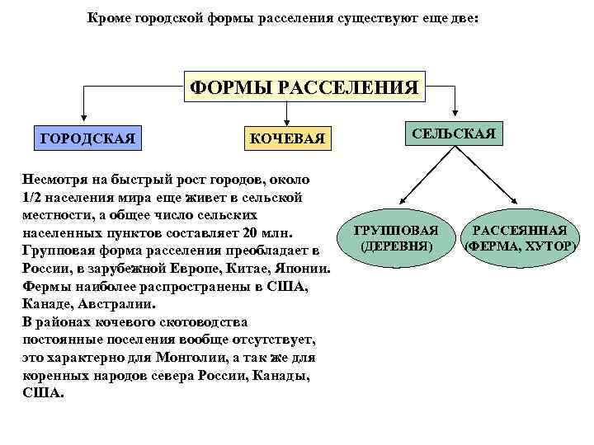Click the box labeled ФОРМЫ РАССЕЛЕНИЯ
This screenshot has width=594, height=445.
click(x=304, y=86)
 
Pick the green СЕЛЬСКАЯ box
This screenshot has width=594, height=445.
click(x=454, y=133)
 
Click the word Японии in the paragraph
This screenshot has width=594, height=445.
click(x=304, y=269)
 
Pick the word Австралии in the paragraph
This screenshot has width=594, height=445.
click(x=107, y=304)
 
